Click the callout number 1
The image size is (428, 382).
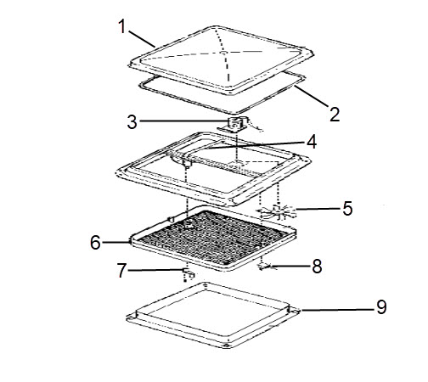[x=122, y=27]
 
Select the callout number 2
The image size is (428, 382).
[x=335, y=115]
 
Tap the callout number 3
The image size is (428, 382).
[x=132, y=122]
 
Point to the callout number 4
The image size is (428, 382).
[x=312, y=142]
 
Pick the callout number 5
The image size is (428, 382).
[x=347, y=209]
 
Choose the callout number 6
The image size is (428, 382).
[x=95, y=243]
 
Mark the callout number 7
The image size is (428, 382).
[x=121, y=270]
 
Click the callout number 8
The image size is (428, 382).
[x=317, y=267]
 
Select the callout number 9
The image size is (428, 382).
[x=381, y=306]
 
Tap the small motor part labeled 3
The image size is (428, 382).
[x=234, y=125]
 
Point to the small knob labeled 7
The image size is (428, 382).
[x=189, y=272]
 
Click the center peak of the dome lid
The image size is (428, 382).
[x=223, y=53]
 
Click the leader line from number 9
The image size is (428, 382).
[x=338, y=310]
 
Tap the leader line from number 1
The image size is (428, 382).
[x=142, y=39]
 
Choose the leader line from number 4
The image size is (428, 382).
[x=256, y=145]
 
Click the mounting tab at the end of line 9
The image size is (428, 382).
[x=295, y=311]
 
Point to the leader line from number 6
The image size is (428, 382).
[x=116, y=242]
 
